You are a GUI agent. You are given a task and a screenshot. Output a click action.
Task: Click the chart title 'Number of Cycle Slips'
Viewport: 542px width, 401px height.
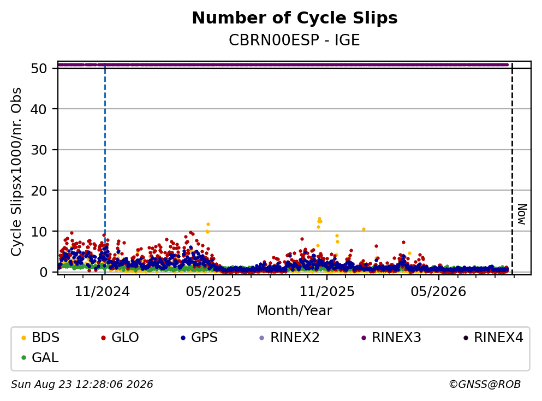295,18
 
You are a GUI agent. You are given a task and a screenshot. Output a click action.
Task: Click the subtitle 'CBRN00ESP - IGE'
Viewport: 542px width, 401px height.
294,40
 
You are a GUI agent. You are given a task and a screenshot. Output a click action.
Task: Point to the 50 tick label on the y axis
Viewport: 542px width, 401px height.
39,68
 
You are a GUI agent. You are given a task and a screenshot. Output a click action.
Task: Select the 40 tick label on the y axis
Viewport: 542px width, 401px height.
39,109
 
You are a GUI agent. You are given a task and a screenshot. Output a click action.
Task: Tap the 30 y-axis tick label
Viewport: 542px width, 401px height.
39,150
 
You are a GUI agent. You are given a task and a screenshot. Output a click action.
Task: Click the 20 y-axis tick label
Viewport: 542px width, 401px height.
39,191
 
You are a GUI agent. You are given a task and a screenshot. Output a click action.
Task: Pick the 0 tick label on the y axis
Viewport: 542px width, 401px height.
43,272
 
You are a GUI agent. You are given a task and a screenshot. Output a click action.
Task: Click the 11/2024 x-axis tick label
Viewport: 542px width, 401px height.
102,292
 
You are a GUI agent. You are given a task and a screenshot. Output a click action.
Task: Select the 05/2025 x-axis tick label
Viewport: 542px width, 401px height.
213,292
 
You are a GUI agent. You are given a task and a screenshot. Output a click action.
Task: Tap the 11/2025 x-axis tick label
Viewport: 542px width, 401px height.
326,292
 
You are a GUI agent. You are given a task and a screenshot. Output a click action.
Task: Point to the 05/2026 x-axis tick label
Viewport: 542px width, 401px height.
438,292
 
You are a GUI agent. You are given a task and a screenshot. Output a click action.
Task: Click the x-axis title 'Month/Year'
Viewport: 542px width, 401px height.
294,311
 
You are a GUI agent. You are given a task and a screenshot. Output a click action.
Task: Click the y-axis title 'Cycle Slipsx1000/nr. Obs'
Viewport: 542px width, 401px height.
16,172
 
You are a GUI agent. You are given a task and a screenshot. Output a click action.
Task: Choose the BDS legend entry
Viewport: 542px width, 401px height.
40,337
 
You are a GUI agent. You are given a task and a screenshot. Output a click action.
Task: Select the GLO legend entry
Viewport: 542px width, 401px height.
120,337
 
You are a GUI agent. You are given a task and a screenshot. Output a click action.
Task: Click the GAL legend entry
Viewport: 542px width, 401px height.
40,358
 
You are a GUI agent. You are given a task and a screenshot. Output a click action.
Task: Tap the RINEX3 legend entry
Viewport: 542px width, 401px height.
391,337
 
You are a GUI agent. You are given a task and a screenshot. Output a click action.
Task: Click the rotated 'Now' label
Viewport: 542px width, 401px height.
522,214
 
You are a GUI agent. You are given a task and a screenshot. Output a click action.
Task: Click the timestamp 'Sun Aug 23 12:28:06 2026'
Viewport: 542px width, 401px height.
82,385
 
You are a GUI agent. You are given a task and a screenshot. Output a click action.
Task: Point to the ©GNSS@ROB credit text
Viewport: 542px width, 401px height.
485,385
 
